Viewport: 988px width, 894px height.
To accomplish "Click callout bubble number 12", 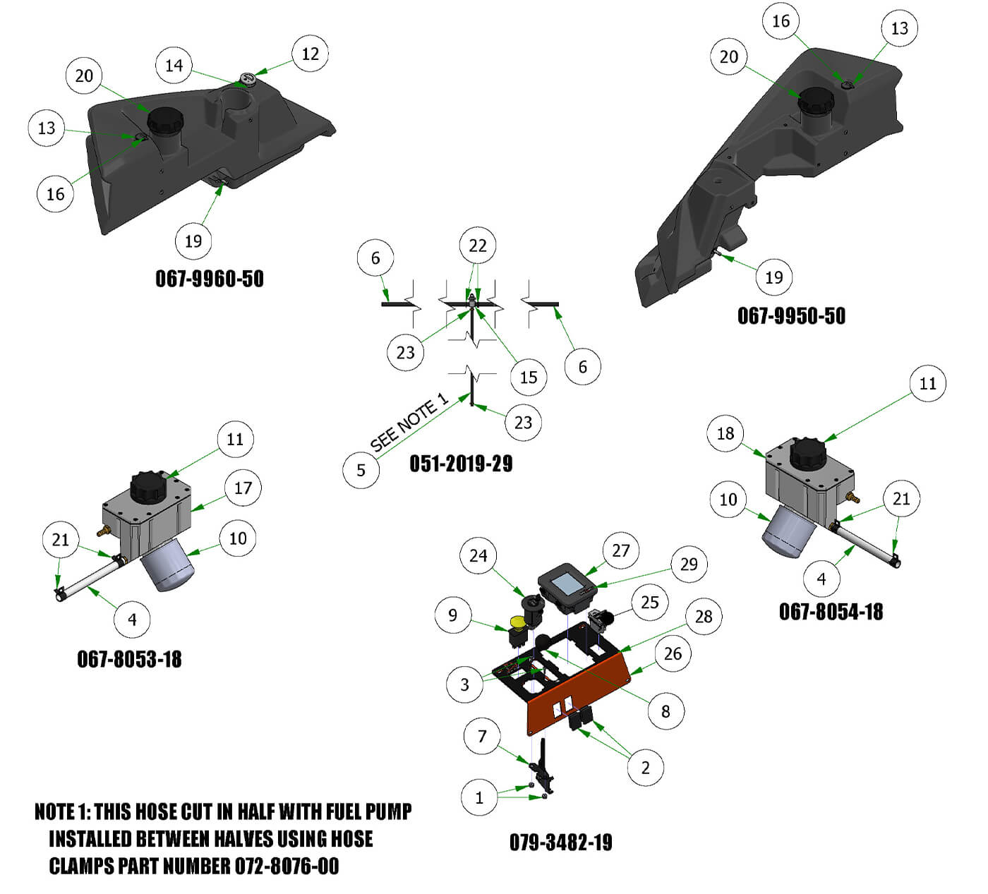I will point(310,54).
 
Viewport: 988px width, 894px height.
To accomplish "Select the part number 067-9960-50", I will point(210,279).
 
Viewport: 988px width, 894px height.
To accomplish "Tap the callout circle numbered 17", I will point(243,488).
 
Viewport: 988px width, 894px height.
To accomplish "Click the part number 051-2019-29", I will point(461,464).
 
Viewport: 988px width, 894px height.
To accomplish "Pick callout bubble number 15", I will point(528,377).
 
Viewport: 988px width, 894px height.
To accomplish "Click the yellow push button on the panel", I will point(517,622).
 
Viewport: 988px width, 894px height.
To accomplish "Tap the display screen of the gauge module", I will point(565,584).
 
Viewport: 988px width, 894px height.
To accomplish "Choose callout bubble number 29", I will point(688,564).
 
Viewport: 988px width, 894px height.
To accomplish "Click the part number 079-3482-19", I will point(560,842).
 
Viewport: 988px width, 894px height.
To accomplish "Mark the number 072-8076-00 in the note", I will point(287,866).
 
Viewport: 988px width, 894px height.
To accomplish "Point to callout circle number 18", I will point(725,433).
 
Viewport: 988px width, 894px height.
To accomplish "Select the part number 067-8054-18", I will point(831,612).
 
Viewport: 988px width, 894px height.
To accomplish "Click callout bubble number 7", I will point(482,736).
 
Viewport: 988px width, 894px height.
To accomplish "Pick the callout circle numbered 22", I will point(478,246).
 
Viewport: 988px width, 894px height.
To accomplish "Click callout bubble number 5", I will point(361,470).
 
